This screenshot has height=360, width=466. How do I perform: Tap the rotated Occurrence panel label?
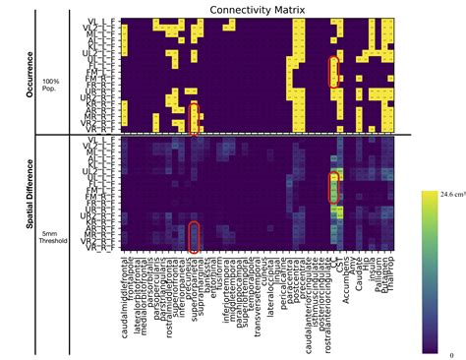(x=31, y=71)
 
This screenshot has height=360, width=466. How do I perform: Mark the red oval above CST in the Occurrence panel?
(x=334, y=72)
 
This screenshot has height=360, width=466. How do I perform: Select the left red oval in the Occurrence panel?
(x=194, y=117)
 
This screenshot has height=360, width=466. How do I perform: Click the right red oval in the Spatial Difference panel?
(x=334, y=188)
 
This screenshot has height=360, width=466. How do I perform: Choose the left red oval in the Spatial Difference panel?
(x=194, y=237)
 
